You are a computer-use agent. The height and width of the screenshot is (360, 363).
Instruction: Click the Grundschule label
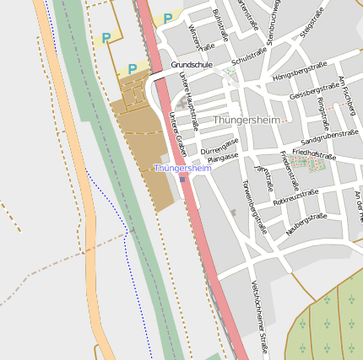tap(192, 64)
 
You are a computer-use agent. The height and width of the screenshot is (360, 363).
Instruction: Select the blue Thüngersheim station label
tap(182, 169)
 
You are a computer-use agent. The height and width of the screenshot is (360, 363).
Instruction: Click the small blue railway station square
tap(182, 179)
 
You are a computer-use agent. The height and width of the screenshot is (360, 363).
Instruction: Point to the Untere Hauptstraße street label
tap(188, 102)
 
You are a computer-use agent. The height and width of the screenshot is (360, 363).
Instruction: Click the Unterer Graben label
tap(176, 133)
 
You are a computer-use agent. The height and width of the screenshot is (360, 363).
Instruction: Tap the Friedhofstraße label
tap(313, 156)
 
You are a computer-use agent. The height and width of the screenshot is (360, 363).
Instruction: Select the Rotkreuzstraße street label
tap(295, 198)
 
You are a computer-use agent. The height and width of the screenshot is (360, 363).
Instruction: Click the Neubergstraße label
tap(306, 223)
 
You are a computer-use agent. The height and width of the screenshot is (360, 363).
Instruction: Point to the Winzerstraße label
tap(202, 38)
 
